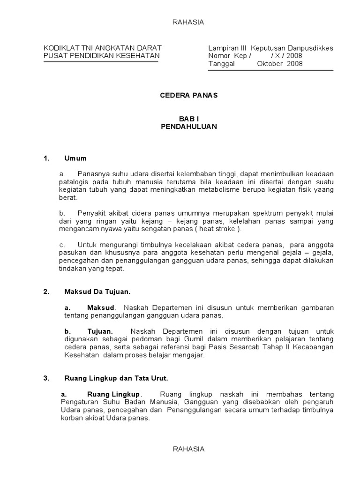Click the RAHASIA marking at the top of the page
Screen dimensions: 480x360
pos(189,22)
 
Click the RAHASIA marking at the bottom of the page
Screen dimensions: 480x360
pos(189,449)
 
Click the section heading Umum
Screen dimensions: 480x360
pos(75,158)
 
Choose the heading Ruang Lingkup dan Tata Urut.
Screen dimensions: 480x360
pos(116,378)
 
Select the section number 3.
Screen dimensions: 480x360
pos(46,378)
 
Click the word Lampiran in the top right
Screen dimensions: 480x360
pos(222,48)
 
